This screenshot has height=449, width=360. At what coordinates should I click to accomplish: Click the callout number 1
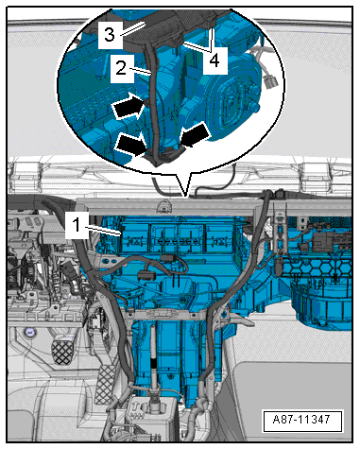click(77, 225)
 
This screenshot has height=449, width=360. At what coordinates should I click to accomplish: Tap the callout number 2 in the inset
click(121, 68)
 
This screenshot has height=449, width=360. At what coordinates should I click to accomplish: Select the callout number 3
click(110, 34)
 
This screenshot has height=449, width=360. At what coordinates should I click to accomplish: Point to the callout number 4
click(214, 60)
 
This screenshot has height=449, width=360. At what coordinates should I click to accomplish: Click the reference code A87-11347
click(302, 420)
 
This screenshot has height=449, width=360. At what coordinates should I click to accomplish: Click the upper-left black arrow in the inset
click(129, 106)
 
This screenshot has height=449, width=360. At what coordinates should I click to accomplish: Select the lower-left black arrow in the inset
click(131, 144)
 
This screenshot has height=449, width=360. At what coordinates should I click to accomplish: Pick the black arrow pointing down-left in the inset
click(196, 135)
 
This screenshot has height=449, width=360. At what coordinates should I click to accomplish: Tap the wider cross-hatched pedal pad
click(62, 352)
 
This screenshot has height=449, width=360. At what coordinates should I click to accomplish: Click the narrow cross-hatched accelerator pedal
click(105, 385)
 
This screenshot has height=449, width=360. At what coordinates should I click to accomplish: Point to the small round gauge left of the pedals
click(30, 333)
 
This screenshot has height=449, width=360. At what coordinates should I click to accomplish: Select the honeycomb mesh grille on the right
click(315, 266)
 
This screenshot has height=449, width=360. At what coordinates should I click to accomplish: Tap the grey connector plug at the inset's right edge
click(270, 81)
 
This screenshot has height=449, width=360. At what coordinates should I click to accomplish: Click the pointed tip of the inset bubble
click(187, 197)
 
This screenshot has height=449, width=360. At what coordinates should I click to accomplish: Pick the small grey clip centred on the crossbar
click(164, 206)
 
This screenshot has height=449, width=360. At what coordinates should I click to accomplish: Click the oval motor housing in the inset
click(231, 105)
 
